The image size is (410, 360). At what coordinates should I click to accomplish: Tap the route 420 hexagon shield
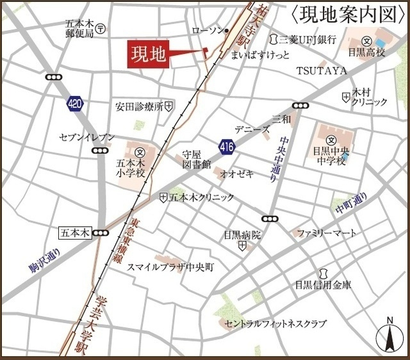[75, 103]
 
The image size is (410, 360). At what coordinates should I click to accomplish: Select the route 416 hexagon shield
[226, 147]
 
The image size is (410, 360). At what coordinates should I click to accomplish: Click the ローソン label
[208, 30]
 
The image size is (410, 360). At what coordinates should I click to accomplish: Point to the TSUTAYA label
[321, 70]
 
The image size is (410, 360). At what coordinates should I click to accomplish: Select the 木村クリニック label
[370, 97]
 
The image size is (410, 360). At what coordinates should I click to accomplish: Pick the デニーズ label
[252, 129]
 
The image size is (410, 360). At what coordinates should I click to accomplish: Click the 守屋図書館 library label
[196, 160]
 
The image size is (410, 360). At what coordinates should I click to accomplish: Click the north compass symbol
[388, 336]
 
